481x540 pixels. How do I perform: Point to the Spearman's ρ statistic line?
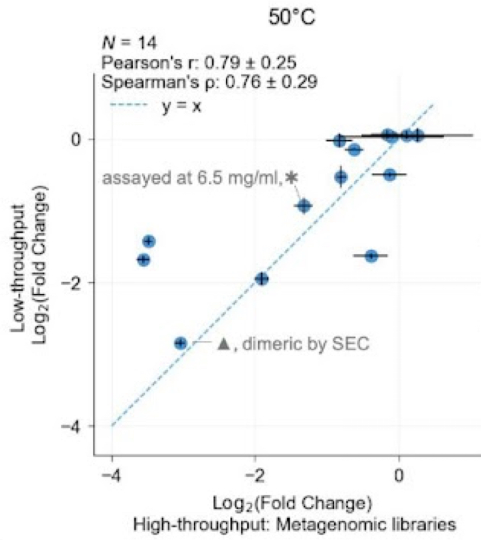click(x=209, y=83)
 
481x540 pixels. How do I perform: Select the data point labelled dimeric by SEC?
click(x=180, y=343)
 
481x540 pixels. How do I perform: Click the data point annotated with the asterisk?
click(x=304, y=206)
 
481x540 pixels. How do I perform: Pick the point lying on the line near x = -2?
click(x=262, y=279)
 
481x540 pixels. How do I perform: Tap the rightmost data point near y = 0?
click(x=418, y=136)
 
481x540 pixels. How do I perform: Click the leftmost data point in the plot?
click(x=143, y=260)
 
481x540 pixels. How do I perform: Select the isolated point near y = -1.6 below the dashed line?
click(x=371, y=256)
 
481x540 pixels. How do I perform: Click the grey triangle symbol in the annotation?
click(x=223, y=344)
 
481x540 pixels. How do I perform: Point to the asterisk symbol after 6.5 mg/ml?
click(x=291, y=178)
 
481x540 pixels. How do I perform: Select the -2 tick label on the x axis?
click(x=255, y=475)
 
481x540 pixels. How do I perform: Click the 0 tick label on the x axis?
click(x=399, y=475)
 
